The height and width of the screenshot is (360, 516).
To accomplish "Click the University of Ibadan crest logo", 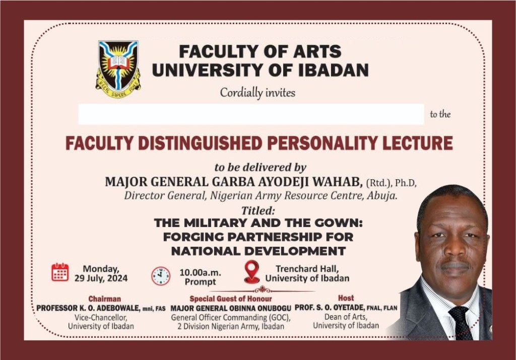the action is (x=118, y=69).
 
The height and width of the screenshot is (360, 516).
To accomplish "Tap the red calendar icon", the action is (x=60, y=272).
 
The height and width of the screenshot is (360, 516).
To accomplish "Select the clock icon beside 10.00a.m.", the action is (x=161, y=276).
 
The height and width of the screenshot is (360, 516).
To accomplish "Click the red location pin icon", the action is (x=252, y=272).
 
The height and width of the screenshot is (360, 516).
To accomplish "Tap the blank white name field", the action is (x=251, y=114).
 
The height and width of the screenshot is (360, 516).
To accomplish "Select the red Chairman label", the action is (x=105, y=299).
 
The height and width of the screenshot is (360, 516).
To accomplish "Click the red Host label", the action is (x=346, y=298).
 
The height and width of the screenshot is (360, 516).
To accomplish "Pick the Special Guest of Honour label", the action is (x=231, y=299).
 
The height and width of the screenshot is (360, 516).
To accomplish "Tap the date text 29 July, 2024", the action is (x=101, y=278).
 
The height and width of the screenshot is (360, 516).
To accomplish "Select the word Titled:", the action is (x=258, y=210).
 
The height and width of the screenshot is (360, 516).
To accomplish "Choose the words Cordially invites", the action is (x=257, y=93).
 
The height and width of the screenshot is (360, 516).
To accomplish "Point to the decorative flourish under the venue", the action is (x=262, y=290).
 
